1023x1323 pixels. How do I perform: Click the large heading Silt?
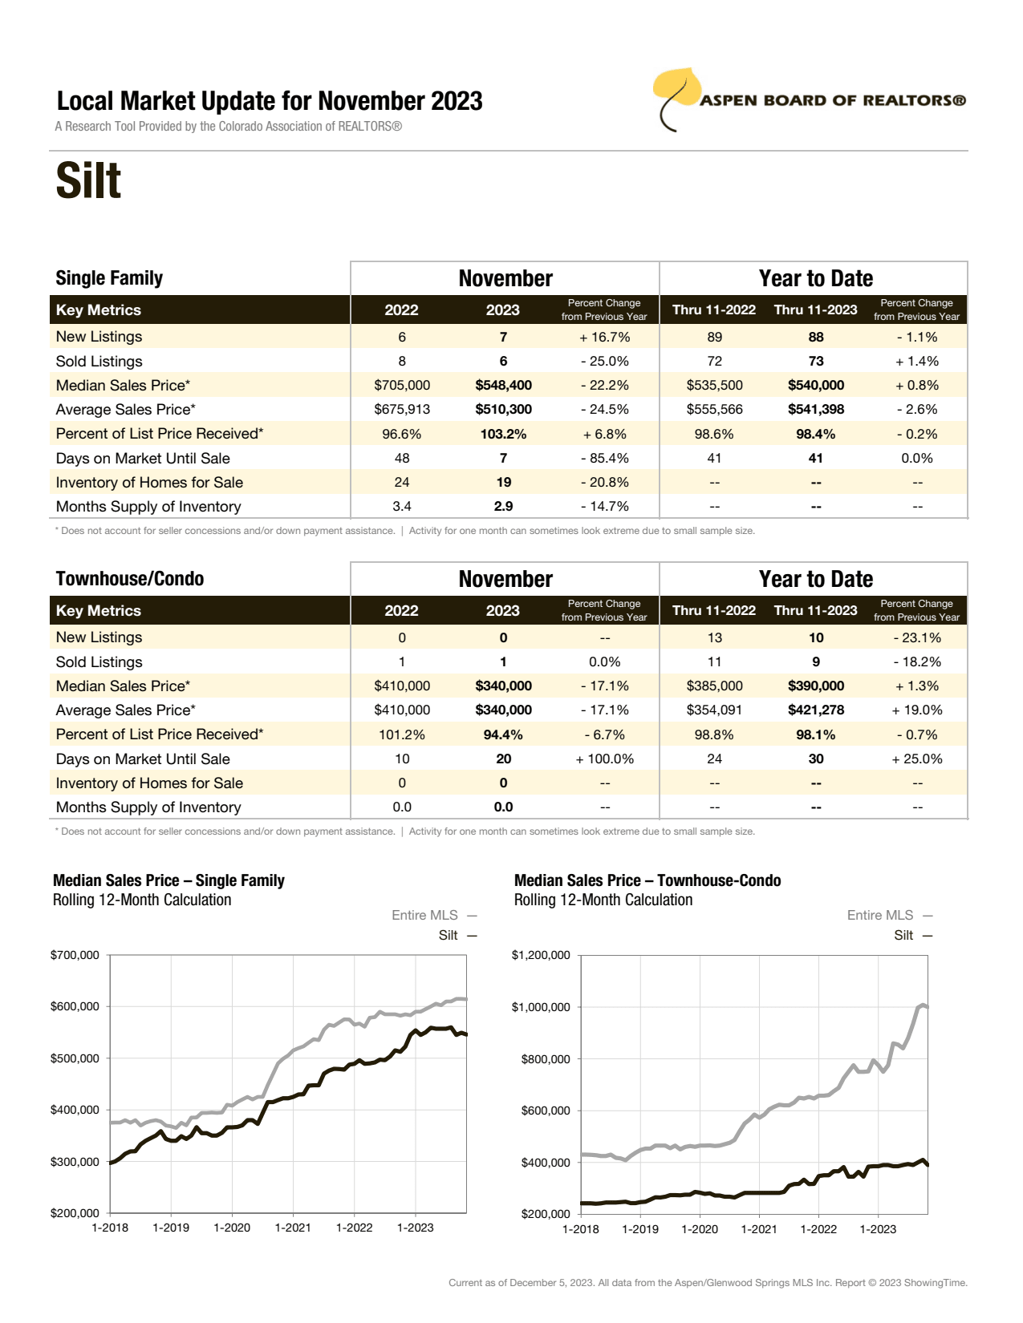[x=88, y=181]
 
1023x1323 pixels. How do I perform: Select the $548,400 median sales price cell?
[x=503, y=386]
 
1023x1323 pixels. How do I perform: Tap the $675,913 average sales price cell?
[x=402, y=410]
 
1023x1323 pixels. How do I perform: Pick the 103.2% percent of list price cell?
[x=503, y=434]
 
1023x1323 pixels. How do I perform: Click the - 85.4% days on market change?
[x=604, y=459]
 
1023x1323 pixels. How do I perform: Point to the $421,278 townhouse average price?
[x=815, y=710]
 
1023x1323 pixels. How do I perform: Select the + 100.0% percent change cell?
[x=604, y=759]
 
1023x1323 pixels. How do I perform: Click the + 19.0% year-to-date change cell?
[x=916, y=710]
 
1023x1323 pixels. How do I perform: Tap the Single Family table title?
[x=109, y=278]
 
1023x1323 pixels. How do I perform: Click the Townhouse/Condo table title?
[x=130, y=579]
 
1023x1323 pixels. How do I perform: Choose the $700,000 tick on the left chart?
[x=75, y=955]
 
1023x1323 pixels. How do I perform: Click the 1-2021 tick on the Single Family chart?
[x=293, y=1228]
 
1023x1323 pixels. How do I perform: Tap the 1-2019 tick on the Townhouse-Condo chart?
[x=639, y=1229]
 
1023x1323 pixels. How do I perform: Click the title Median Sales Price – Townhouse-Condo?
[x=647, y=880]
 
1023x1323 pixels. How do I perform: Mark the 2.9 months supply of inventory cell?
[x=503, y=507]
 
